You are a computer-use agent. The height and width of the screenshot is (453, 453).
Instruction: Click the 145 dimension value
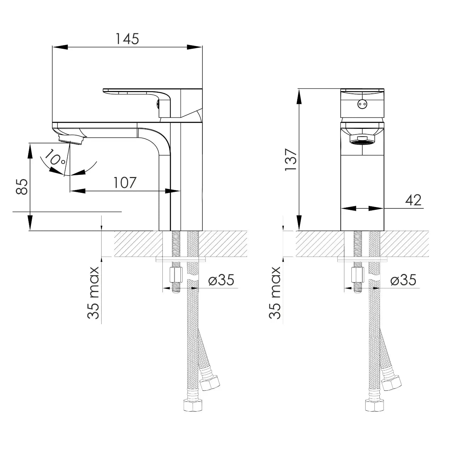point(127,39)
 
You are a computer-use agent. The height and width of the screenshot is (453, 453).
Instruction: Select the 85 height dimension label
point(22,187)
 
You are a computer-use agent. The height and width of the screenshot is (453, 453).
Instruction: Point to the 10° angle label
point(54,158)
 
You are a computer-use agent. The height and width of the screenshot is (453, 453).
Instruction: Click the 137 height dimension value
point(291,160)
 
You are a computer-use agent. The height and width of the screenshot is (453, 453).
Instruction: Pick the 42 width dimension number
point(413,200)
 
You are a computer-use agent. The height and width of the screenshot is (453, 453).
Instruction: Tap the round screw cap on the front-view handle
point(362,104)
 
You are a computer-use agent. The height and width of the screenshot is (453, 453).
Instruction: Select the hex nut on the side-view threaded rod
point(175,275)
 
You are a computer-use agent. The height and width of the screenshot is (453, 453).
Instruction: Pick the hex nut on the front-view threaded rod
point(357,275)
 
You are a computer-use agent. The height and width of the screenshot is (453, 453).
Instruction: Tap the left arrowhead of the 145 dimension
point(60,47)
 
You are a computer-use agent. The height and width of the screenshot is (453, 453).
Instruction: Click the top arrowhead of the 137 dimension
point(299,96)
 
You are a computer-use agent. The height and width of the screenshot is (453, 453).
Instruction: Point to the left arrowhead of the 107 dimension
point(78,191)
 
